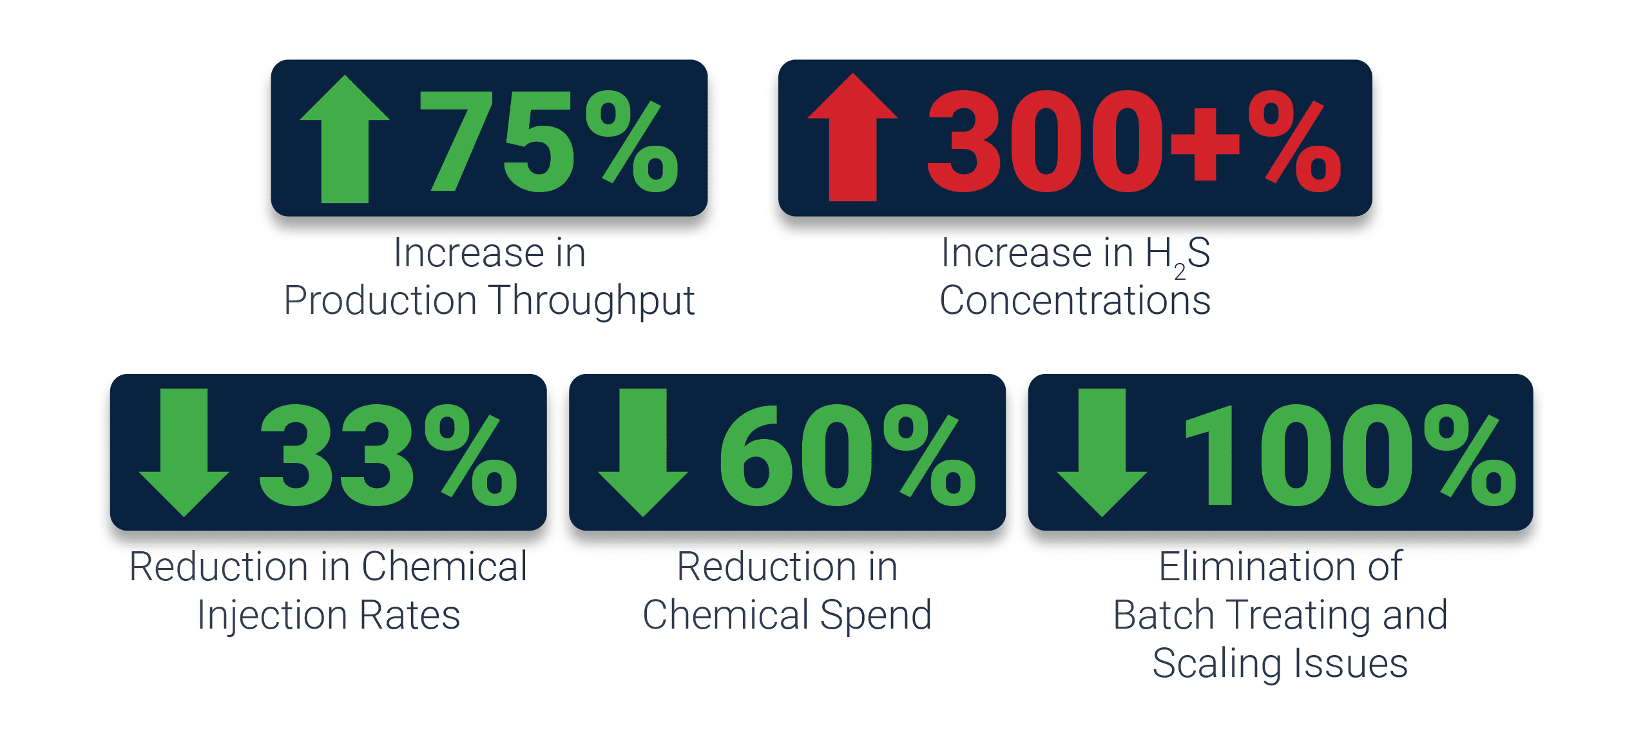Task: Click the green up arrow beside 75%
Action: pyautogui.click(x=345, y=139)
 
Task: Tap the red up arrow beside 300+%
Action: pyautogui.click(x=852, y=137)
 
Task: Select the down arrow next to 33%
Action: pyautogui.click(x=184, y=453)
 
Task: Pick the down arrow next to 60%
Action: pyautogui.click(x=643, y=453)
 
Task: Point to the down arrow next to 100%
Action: pyautogui.click(x=1102, y=453)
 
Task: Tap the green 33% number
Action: pyautogui.click(x=388, y=455)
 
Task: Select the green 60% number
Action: pyautogui.click(x=847, y=455)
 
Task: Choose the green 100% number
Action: pyautogui.click(x=1351, y=455)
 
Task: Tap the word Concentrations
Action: pyautogui.click(x=1075, y=300)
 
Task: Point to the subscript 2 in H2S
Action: pyautogui.click(x=1180, y=272)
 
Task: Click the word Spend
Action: pyautogui.click(x=876, y=616)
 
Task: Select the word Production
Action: pyautogui.click(x=380, y=300)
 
